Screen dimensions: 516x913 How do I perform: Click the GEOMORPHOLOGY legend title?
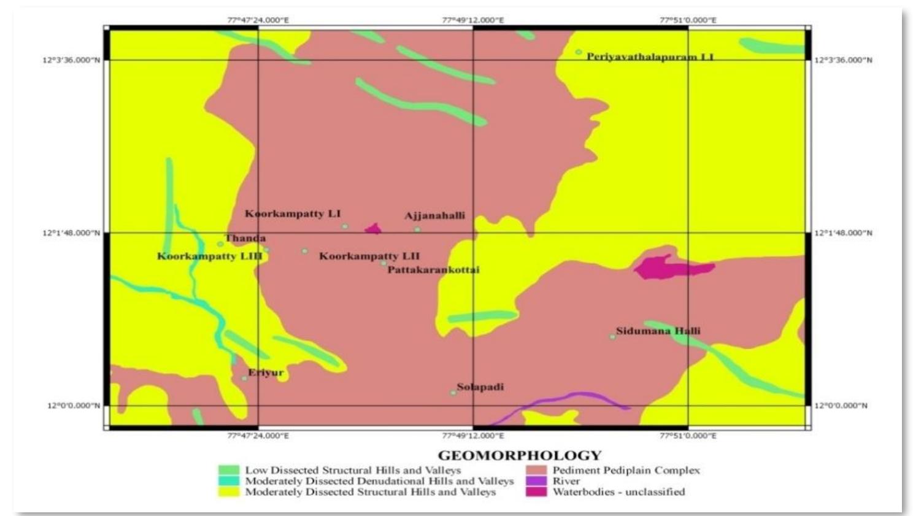(519, 455)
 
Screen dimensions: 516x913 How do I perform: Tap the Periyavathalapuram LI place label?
(650, 57)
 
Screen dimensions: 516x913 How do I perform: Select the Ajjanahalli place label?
(434, 215)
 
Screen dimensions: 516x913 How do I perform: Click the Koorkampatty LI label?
(293, 214)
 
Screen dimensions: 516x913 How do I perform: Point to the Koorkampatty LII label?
(369, 256)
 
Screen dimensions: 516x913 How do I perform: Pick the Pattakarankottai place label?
(433, 269)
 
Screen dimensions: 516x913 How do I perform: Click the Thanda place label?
(245, 238)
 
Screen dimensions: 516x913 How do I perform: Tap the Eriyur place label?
(266, 372)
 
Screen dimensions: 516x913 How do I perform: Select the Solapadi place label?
(480, 387)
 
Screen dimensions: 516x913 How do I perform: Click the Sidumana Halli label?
(658, 331)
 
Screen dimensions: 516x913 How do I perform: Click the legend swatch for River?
(536, 481)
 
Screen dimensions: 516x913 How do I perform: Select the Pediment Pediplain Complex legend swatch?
(536, 471)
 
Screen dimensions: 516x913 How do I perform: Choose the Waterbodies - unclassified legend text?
(618, 491)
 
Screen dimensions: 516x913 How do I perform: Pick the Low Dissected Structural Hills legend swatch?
(229, 471)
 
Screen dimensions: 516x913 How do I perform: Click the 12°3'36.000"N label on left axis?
(71, 60)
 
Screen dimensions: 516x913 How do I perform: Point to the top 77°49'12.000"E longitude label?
(472, 20)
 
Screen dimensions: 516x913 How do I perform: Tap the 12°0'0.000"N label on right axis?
(841, 406)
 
